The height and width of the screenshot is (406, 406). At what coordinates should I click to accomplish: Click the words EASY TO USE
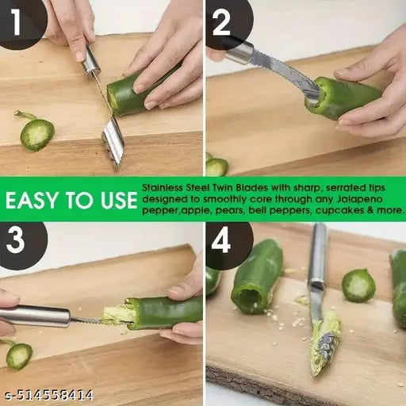(70, 200)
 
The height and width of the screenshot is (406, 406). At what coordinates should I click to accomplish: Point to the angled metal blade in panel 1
(113, 140)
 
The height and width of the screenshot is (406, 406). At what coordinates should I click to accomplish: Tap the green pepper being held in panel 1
(131, 93)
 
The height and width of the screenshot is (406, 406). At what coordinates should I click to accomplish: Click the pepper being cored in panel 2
(345, 97)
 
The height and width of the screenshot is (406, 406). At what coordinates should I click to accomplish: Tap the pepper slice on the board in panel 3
(19, 355)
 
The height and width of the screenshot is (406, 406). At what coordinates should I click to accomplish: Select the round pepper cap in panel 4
(358, 285)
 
